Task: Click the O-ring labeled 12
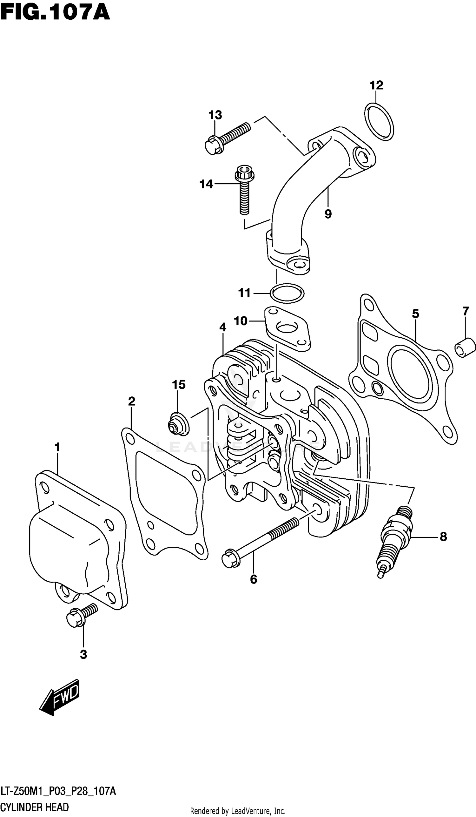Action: tap(379, 122)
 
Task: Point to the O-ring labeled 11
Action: tap(287, 293)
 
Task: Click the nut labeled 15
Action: tap(178, 423)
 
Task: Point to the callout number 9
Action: tap(328, 214)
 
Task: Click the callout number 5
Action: tap(415, 314)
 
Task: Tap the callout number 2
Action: tap(131, 402)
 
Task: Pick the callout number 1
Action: tap(57, 447)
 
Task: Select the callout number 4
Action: tap(222, 327)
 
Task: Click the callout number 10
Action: tap(241, 321)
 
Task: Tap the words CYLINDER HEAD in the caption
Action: tap(34, 807)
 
